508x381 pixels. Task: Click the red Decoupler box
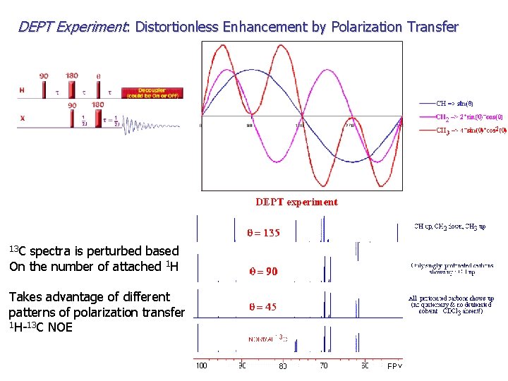coord(151,92)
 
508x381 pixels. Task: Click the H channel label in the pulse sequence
coord(22,90)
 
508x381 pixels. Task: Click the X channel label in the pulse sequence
coord(22,119)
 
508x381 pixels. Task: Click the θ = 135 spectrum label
coord(262,234)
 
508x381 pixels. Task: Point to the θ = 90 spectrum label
coord(262,271)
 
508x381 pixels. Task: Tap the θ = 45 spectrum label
coord(262,307)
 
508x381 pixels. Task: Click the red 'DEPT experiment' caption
coord(296,202)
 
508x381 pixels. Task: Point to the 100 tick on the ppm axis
coord(201,365)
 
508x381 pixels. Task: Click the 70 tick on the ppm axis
coord(324,365)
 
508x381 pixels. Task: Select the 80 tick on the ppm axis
coord(282,365)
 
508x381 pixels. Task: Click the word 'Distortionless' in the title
coord(176,28)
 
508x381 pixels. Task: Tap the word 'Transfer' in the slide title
coord(431,28)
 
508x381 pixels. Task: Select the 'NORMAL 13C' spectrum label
coord(267,338)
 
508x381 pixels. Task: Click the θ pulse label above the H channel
coord(98,75)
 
